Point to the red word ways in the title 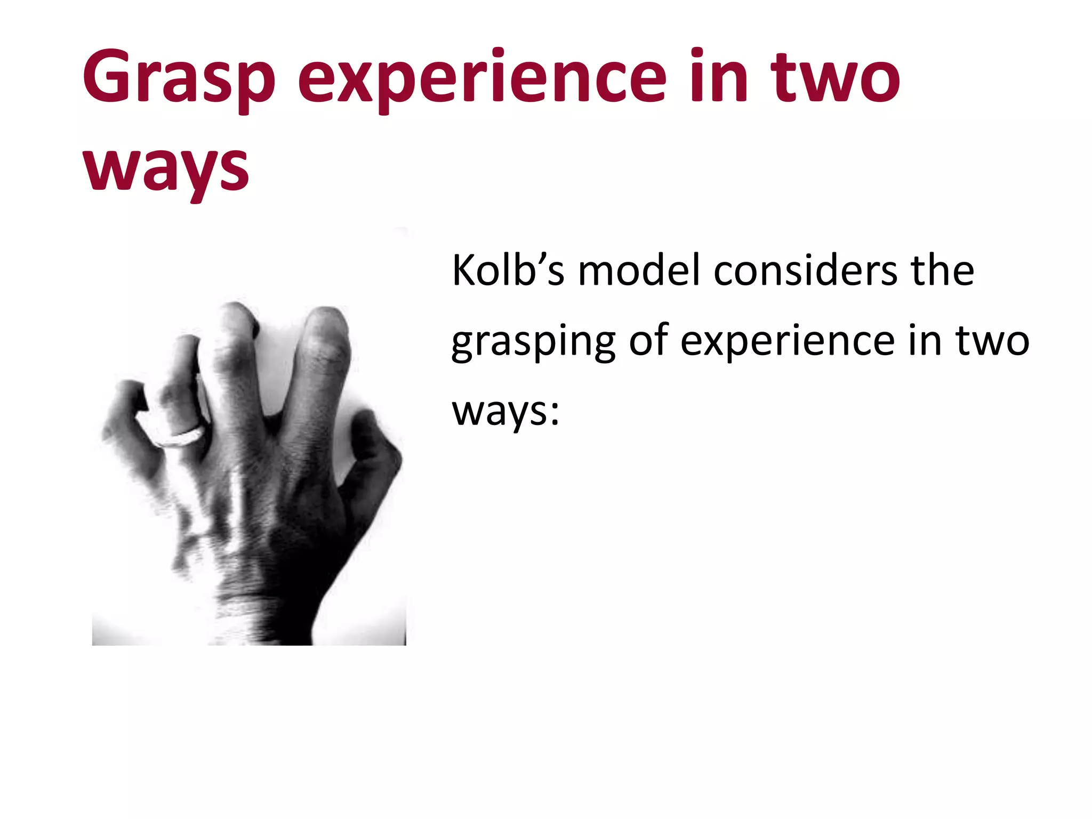166,168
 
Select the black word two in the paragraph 992,341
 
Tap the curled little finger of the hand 125,405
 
